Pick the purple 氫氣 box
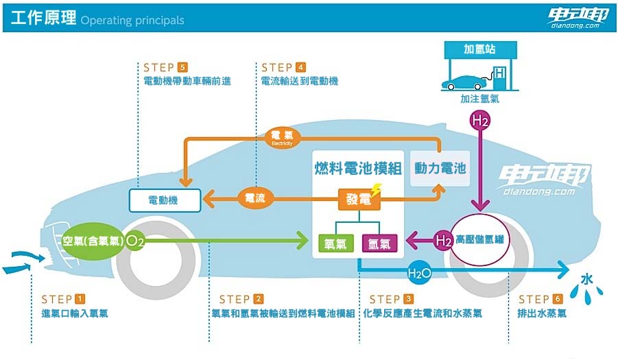click(x=380, y=242)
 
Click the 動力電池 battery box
click(x=440, y=168)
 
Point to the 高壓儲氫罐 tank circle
click(x=480, y=240)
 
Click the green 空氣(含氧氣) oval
click(x=92, y=241)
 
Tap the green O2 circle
click(x=136, y=241)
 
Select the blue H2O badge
click(x=419, y=273)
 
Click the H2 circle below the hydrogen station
click(x=479, y=121)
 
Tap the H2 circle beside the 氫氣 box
click(x=442, y=240)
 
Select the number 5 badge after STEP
click(x=182, y=67)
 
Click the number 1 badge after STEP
click(x=80, y=299)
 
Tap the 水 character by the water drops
click(x=587, y=279)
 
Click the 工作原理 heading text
click(x=41, y=19)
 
